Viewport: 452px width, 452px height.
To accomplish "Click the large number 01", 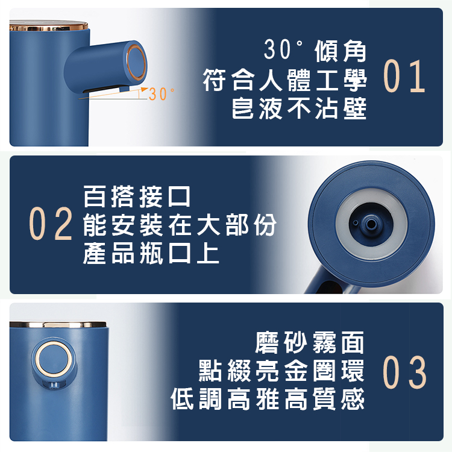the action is tap(404, 77).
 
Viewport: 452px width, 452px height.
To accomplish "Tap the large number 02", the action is tap(51, 224).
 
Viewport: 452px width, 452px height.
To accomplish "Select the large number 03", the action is tap(404, 372).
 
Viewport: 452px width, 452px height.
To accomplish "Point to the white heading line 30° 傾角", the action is tap(315, 51).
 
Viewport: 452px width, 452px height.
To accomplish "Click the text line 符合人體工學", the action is tap(284, 80).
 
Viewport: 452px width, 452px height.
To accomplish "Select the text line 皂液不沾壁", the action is tap(299, 108).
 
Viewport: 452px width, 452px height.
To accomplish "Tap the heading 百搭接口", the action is tap(137, 196).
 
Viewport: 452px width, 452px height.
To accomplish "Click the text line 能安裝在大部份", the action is tap(180, 225).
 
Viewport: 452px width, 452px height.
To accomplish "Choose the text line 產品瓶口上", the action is tap(151, 253).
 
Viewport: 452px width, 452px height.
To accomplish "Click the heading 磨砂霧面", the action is tap(310, 342).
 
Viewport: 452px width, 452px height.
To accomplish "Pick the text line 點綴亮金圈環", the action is tap(281, 371).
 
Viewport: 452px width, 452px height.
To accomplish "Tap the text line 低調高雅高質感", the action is tap(268, 399).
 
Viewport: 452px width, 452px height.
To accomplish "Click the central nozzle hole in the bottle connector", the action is tap(371, 224).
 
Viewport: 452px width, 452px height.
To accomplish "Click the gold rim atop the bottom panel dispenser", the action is tap(58, 325).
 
